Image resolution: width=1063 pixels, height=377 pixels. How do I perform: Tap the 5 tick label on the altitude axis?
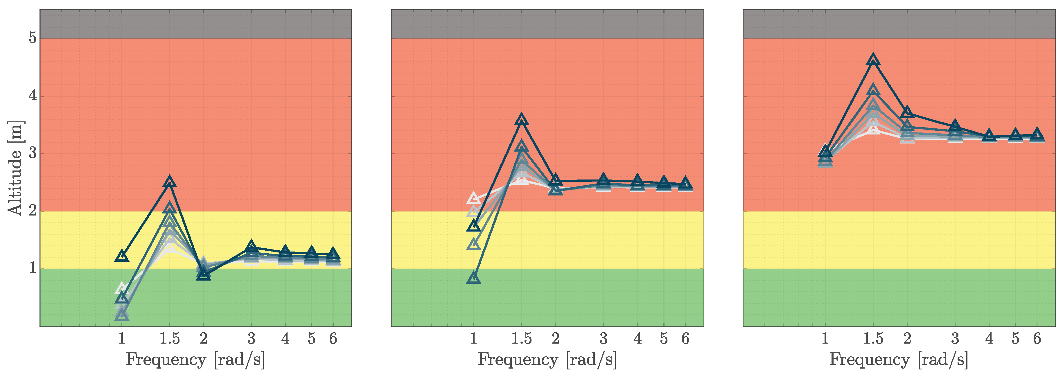(33, 38)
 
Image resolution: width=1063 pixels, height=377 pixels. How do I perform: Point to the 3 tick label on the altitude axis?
(33, 153)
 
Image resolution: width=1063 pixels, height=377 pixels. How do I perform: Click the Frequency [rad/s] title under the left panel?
(195, 360)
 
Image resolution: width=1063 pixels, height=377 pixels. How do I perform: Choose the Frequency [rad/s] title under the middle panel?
(547, 360)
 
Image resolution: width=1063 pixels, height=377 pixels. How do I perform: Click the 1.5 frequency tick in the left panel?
(170, 339)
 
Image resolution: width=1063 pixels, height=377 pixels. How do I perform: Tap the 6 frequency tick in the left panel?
(333, 339)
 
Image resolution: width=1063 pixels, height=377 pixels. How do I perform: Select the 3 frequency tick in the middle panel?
(603, 339)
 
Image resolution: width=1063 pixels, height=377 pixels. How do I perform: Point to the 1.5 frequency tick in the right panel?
(873, 339)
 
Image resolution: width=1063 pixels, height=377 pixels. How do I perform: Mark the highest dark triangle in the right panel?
(873, 59)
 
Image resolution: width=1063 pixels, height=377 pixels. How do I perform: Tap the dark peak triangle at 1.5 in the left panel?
(170, 182)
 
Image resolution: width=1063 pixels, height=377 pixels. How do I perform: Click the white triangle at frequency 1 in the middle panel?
(474, 198)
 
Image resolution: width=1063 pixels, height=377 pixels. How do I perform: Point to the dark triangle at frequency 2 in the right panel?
(907, 112)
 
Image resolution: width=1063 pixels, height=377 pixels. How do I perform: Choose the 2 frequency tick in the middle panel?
(555, 339)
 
